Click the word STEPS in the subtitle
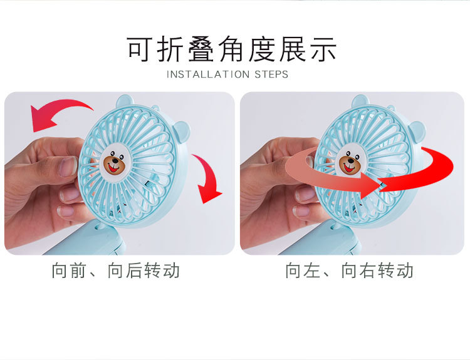pos(270,75)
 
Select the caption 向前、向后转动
pos(116,270)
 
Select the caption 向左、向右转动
pos(350,270)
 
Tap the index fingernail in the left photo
pos(68,167)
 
